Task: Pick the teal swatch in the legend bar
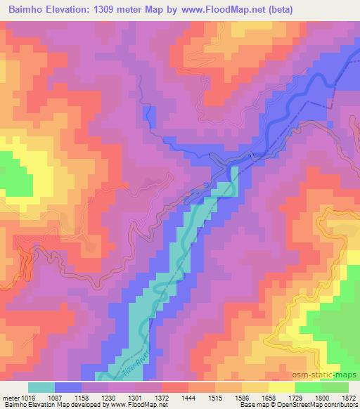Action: point(41,387)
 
